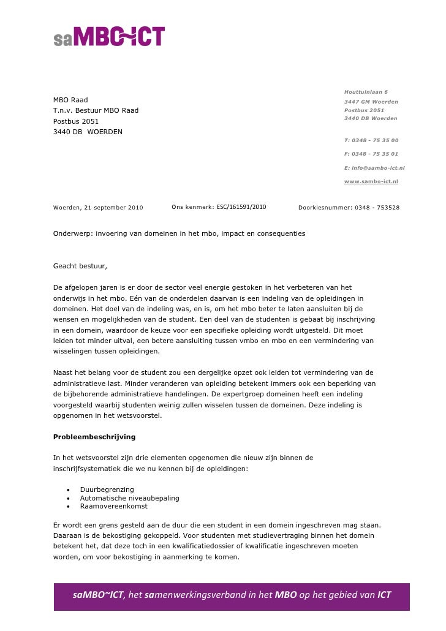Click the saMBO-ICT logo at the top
click(x=108, y=37)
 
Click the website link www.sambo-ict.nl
click(x=371, y=181)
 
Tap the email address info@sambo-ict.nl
click(x=374, y=168)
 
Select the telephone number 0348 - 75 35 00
click(x=374, y=140)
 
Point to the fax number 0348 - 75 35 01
click(x=374, y=154)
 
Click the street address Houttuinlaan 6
click(x=366, y=92)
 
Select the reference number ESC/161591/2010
click(x=241, y=207)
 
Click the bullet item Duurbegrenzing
click(x=107, y=489)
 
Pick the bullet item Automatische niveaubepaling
click(x=129, y=498)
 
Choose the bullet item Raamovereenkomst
click(x=113, y=506)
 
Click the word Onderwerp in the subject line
click(x=70, y=233)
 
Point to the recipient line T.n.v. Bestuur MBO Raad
click(x=96, y=110)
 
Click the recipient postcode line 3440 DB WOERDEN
click(x=88, y=132)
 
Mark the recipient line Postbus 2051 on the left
click(x=76, y=121)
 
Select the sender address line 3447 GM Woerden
click(x=371, y=102)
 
